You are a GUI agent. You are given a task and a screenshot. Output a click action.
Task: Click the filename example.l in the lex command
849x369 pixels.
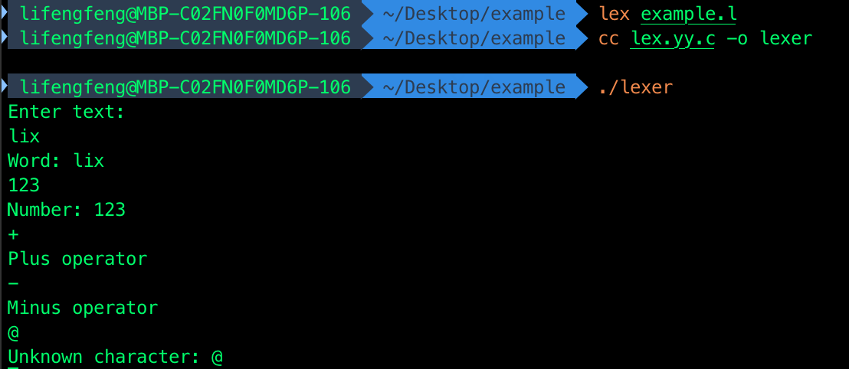click(x=689, y=15)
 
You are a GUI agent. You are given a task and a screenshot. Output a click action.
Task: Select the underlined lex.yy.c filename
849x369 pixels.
click(x=673, y=39)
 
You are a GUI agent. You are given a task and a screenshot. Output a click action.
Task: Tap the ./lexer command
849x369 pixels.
click(x=636, y=87)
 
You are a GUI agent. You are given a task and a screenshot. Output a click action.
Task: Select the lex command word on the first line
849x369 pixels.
click(x=614, y=14)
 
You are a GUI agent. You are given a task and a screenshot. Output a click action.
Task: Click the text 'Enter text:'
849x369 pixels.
click(x=66, y=112)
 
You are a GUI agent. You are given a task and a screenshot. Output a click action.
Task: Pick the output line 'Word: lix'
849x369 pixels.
click(x=56, y=161)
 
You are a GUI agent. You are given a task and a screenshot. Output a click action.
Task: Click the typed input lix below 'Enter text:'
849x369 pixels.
click(x=24, y=136)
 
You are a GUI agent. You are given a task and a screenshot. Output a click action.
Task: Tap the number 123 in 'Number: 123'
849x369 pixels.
click(x=110, y=210)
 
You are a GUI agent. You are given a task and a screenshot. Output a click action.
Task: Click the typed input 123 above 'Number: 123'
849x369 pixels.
click(x=24, y=185)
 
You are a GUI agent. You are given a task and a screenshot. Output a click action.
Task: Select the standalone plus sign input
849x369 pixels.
click(x=13, y=234)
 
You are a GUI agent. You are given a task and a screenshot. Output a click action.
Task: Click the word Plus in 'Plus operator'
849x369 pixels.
click(x=28, y=259)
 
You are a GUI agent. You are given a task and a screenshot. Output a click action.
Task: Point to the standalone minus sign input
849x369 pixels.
click(x=13, y=283)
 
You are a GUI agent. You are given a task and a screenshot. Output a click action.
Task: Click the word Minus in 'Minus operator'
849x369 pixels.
click(x=34, y=307)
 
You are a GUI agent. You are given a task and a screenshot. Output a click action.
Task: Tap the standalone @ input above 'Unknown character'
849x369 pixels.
click(x=13, y=332)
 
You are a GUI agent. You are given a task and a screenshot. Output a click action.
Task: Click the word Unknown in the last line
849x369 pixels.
click(x=45, y=357)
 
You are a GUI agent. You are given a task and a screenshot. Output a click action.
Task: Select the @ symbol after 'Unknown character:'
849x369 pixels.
click(x=217, y=357)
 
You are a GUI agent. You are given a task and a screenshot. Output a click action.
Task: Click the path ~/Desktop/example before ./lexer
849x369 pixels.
click(x=474, y=87)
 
